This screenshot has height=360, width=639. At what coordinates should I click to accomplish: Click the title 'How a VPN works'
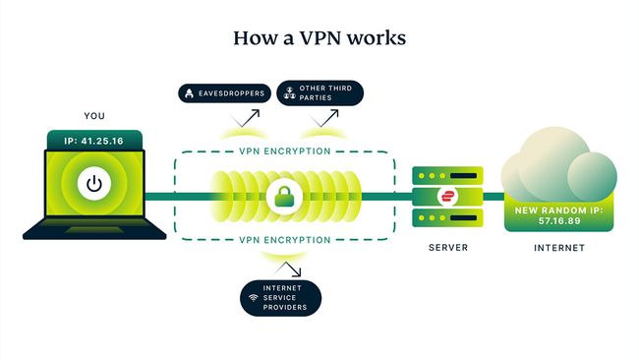[x=319, y=38]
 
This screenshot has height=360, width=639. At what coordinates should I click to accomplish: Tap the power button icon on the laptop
[x=94, y=184]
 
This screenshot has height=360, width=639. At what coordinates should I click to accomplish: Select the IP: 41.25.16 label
[x=94, y=141]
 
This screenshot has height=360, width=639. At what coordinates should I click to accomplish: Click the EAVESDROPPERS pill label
[x=222, y=93]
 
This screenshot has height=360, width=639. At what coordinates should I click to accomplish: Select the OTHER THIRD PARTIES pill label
[x=319, y=93]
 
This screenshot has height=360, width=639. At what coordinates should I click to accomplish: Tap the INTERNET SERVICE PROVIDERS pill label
[x=284, y=296]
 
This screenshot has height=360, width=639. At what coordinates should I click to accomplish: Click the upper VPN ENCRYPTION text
[x=285, y=152]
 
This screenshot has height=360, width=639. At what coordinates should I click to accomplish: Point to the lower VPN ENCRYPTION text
[x=285, y=239]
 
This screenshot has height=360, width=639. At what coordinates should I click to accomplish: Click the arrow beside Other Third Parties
[x=320, y=120]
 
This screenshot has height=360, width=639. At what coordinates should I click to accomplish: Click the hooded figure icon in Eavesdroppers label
[x=188, y=93]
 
